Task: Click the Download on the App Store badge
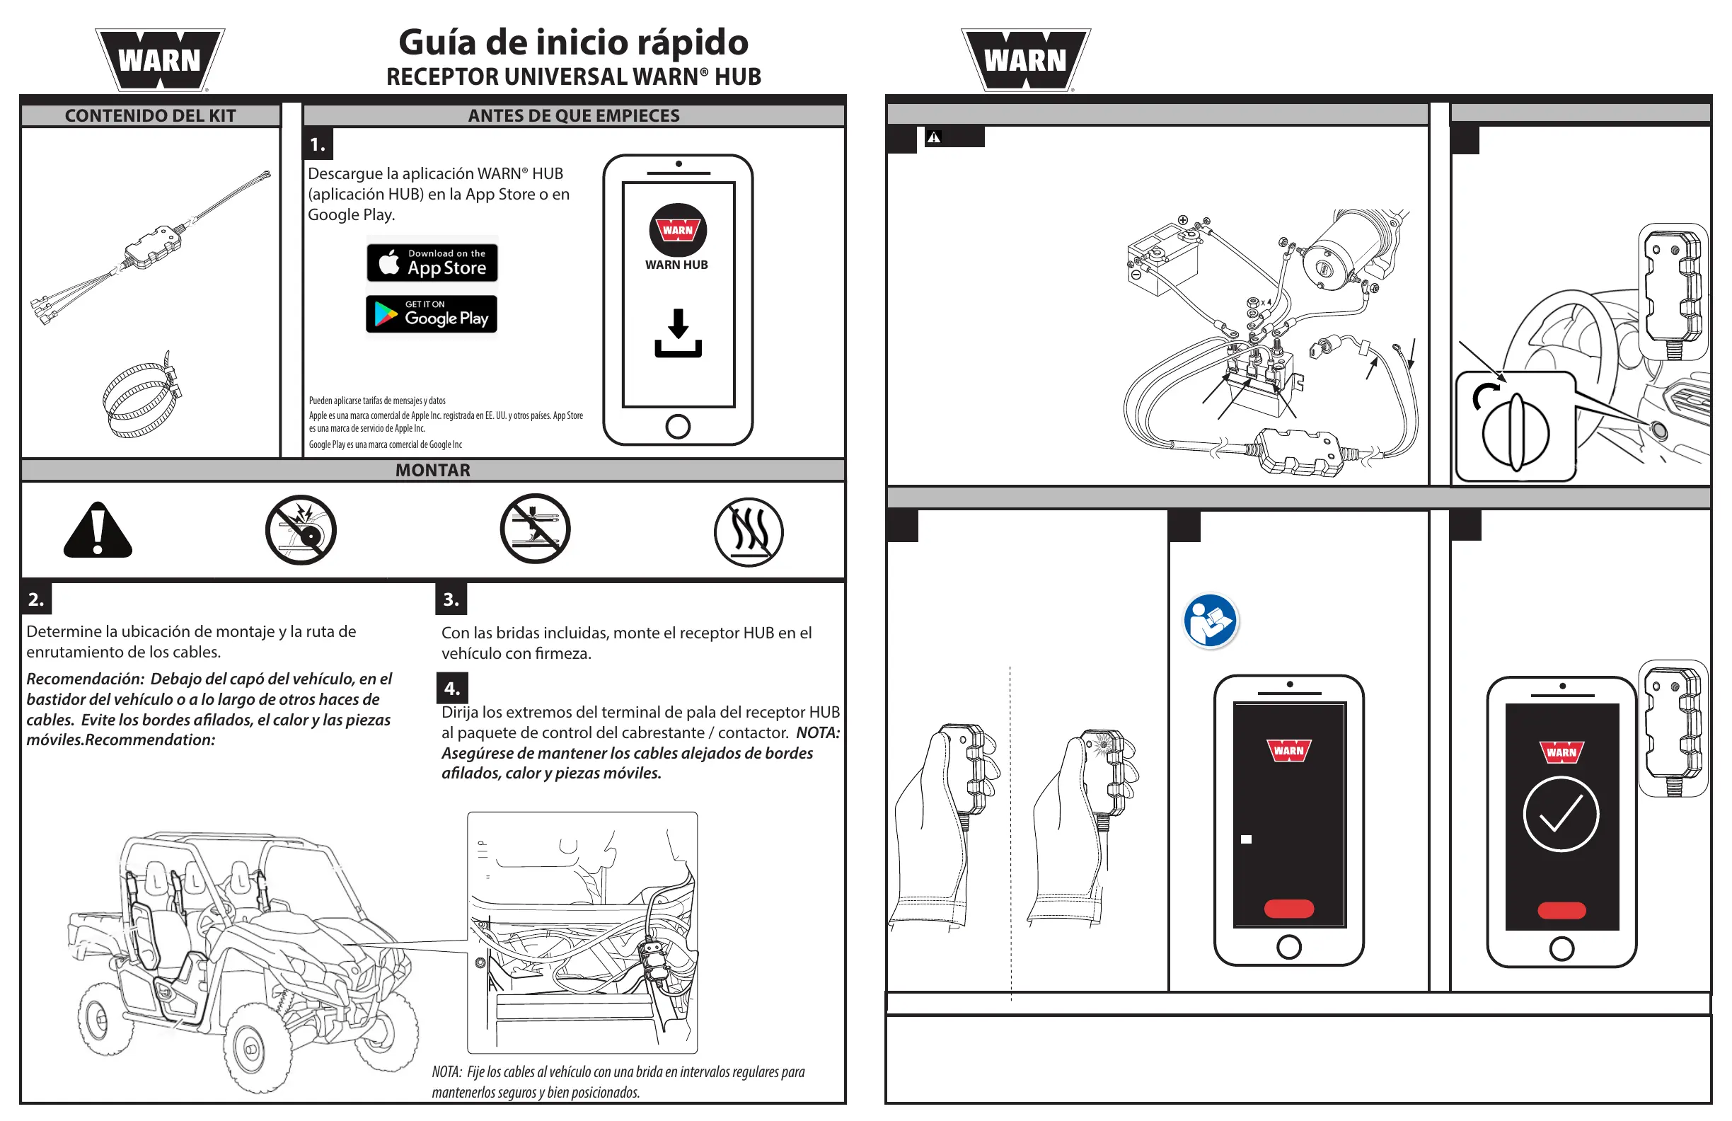pyautogui.click(x=432, y=263)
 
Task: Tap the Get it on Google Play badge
pyautogui.click(x=432, y=314)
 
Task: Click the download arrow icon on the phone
pyautogui.click(x=678, y=333)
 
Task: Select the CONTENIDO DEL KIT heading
pyautogui.click(x=150, y=116)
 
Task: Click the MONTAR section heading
pyautogui.click(x=432, y=470)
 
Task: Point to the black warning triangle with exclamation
pyautogui.click(x=98, y=531)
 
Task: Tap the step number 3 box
pyautogui.click(x=451, y=600)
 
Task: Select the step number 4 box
pyautogui.click(x=452, y=688)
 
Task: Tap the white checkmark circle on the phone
pyautogui.click(x=1560, y=814)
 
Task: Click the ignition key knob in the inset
pyautogui.click(x=1516, y=432)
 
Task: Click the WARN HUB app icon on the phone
pyautogui.click(x=678, y=230)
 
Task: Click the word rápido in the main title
pyautogui.click(x=692, y=42)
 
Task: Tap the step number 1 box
pyautogui.click(x=318, y=145)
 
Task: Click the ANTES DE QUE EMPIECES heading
pyautogui.click(x=574, y=116)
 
